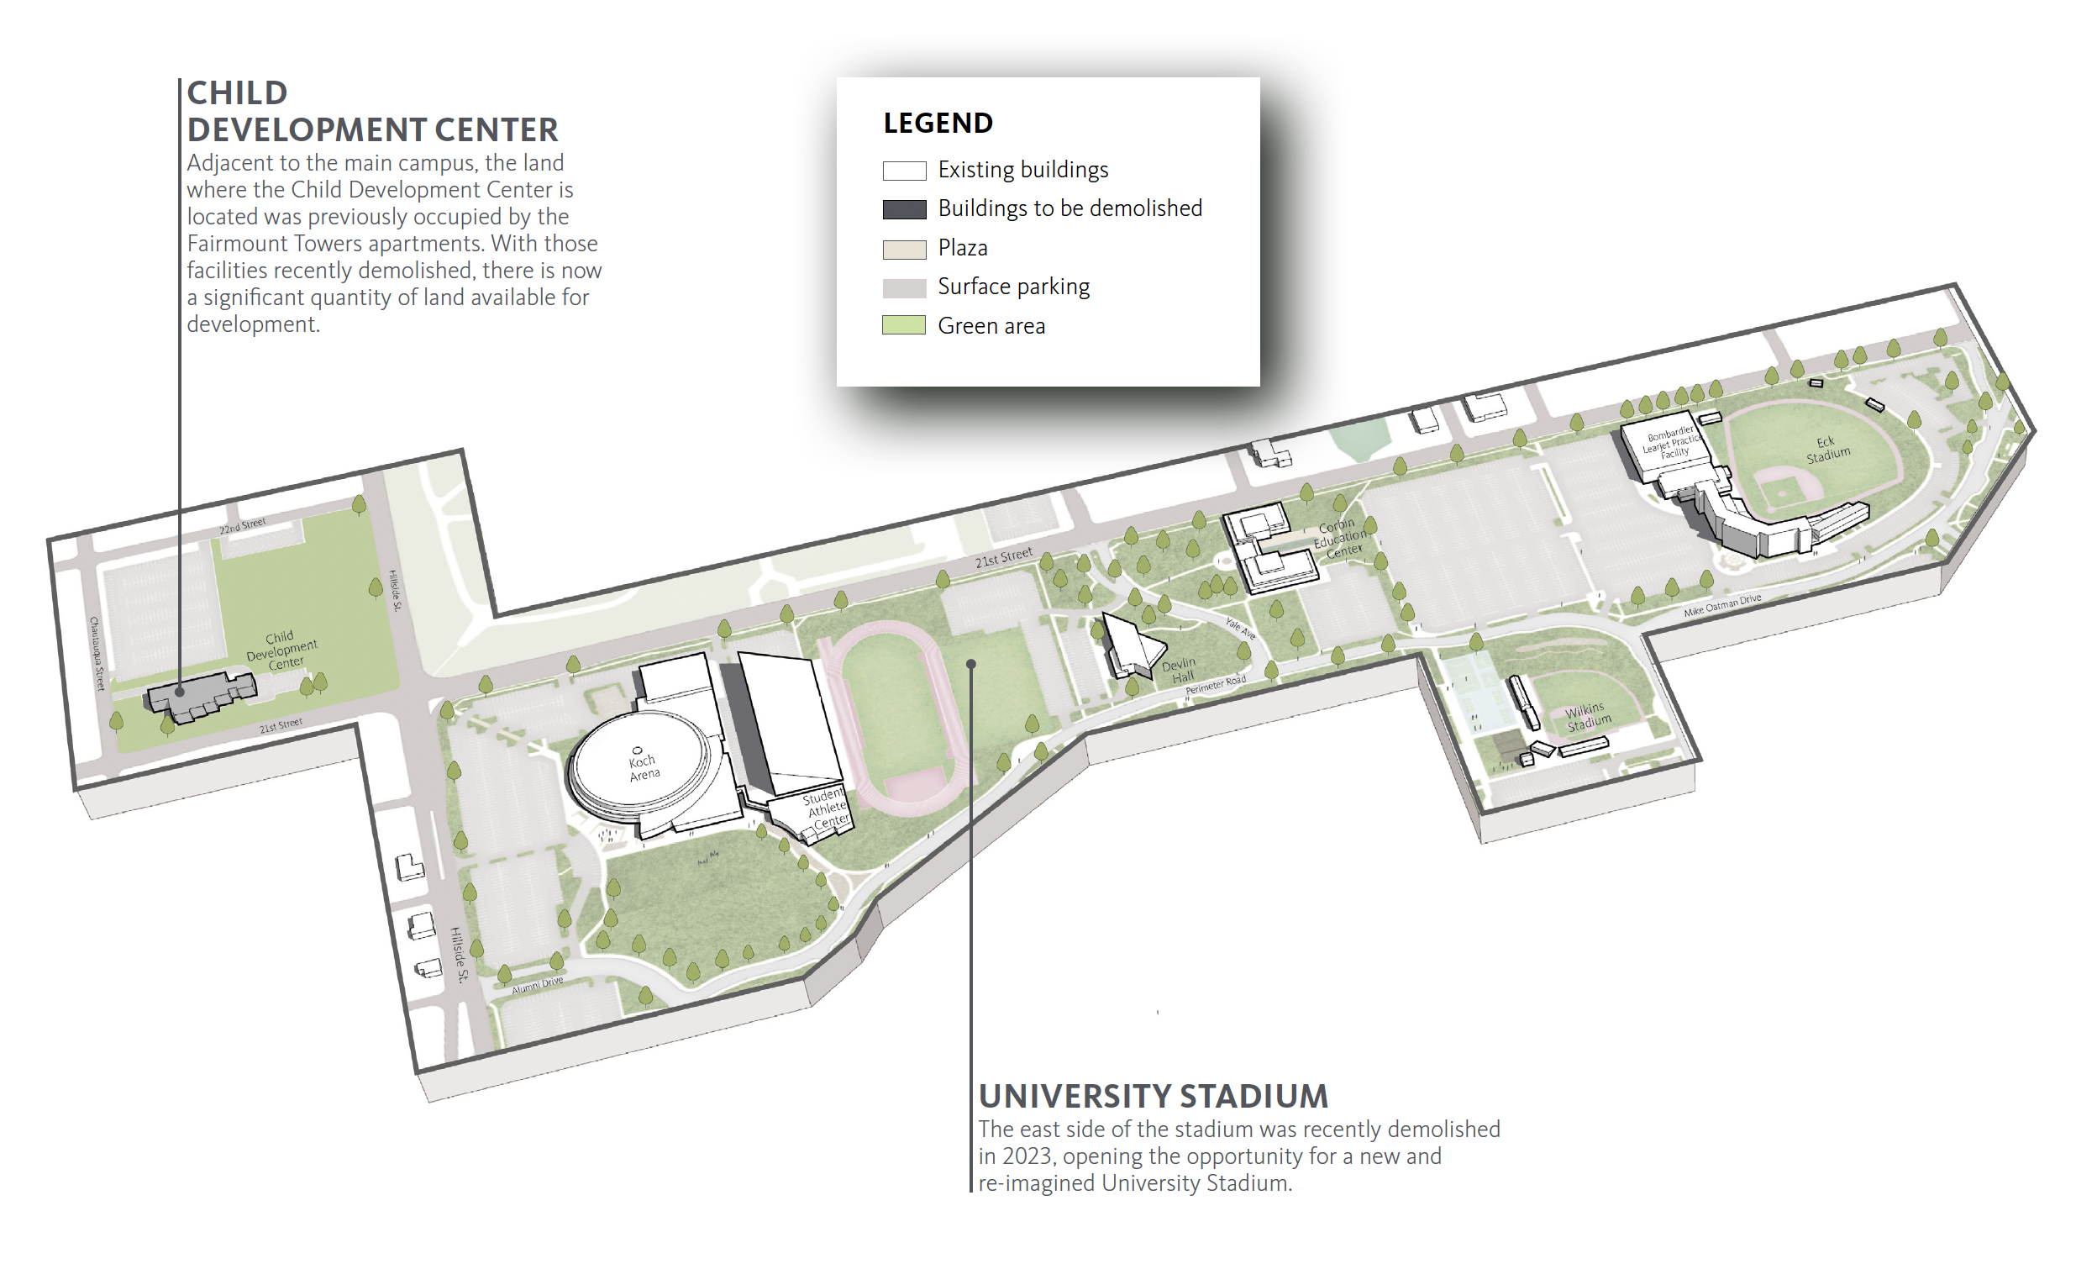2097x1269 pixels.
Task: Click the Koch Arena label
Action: pos(644,766)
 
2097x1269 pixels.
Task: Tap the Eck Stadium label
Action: pos(1828,450)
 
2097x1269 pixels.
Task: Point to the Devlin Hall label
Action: pos(1180,670)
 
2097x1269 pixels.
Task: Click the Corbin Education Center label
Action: pos(1339,538)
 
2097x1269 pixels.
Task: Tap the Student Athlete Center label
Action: pos(827,808)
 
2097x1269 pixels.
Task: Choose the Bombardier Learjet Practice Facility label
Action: pos(1672,442)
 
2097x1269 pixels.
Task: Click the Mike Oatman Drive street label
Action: pos(1721,605)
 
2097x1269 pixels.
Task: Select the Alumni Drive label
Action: pos(537,985)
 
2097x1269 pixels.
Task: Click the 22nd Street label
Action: pos(243,526)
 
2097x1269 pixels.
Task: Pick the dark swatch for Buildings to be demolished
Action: pos(904,209)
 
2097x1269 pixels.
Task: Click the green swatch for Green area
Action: pos(904,325)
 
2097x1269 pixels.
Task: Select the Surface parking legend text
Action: pos(1012,287)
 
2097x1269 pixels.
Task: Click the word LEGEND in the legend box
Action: pos(938,124)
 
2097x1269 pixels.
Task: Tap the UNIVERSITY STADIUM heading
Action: pos(1153,1096)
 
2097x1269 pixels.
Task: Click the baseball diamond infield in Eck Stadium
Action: pos(1784,487)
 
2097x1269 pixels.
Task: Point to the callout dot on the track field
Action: pos(970,664)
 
